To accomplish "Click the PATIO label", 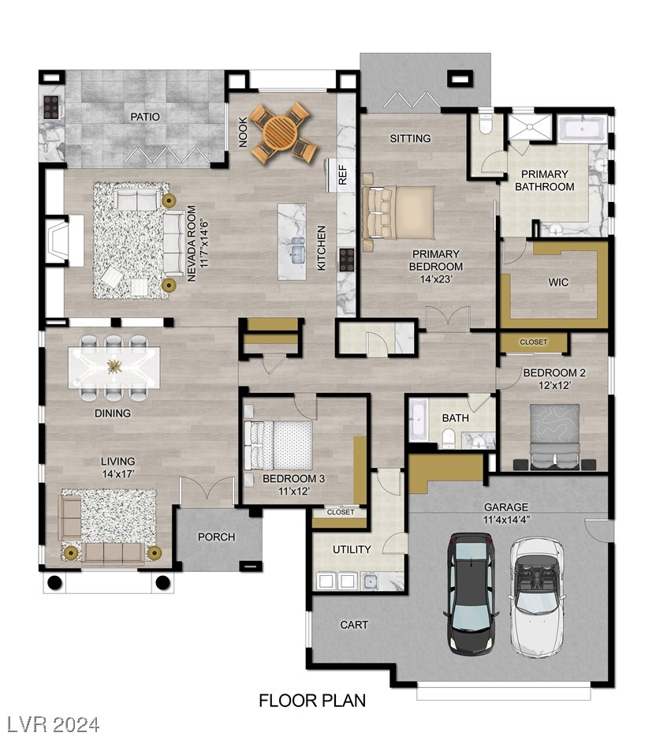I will [145, 117].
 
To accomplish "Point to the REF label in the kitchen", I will [343, 176].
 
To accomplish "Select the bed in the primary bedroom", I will [399, 212].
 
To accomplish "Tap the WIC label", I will [558, 282].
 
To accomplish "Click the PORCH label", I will [216, 537].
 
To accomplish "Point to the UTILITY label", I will [352, 549].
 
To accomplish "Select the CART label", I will [353, 625].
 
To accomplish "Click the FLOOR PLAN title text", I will [312, 700].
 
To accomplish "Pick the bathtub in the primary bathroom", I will [583, 128].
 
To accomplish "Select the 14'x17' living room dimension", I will [117, 475].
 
